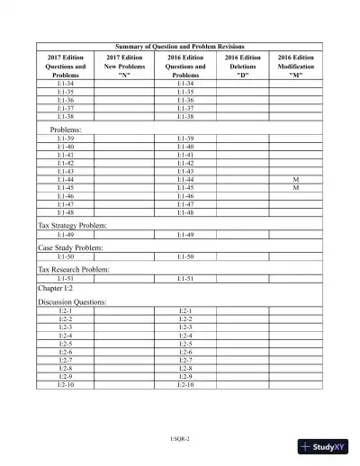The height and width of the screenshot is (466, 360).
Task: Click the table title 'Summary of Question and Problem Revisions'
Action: tap(180, 46)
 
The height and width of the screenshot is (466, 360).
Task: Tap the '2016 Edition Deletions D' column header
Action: tap(242, 67)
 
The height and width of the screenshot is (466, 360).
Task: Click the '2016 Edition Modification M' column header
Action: tap(295, 67)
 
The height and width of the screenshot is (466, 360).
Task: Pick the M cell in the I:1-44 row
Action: tap(295, 180)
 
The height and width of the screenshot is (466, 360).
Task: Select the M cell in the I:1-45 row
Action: tap(295, 188)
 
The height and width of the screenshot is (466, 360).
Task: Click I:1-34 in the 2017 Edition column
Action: tap(66, 84)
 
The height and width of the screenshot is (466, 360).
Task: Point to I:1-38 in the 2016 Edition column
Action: tap(186, 117)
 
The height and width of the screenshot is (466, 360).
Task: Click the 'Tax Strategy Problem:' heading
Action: tap(72, 224)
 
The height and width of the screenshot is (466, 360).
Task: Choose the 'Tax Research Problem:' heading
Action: tap(73, 270)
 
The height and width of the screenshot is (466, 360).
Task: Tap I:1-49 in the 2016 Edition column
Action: tap(186, 234)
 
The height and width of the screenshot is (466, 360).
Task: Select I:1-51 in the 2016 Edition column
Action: tap(186, 279)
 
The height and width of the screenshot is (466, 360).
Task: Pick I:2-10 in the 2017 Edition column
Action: tap(66, 385)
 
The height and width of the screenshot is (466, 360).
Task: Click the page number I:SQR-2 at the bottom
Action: tap(180, 438)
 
